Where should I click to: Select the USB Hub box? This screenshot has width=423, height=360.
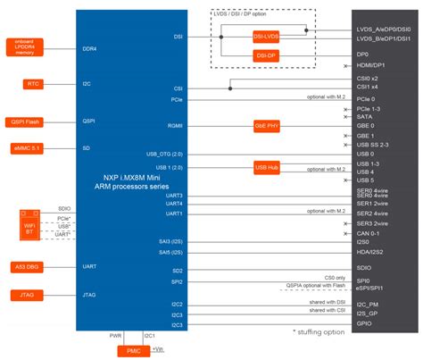pyautogui.click(x=267, y=166)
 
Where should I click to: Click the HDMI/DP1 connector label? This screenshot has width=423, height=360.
pyautogui.click(x=369, y=66)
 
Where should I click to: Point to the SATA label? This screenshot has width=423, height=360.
pyautogui.click(x=363, y=117)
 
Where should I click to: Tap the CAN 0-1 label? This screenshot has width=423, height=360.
pyautogui.click(x=367, y=233)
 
